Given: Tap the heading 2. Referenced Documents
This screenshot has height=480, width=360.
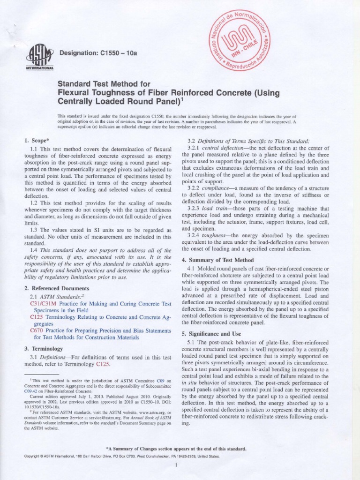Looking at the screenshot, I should pos(56,288).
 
